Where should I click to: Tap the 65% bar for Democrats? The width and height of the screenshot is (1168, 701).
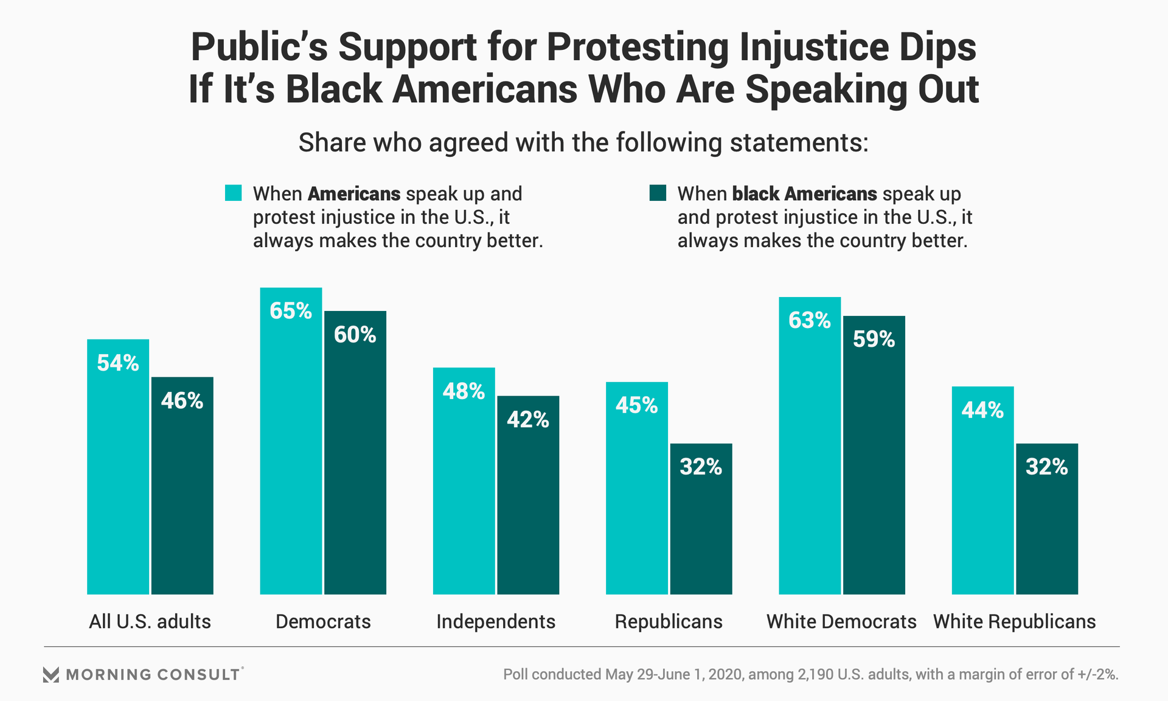point(291,441)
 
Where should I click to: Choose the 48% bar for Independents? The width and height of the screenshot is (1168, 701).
point(464,481)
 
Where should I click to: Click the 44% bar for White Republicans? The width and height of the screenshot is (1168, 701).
point(982,490)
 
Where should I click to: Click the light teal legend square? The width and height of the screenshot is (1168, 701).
point(234,193)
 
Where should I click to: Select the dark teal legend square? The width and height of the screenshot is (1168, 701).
point(658,193)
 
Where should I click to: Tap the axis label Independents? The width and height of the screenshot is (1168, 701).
point(496,621)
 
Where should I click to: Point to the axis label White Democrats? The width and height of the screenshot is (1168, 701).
point(841,621)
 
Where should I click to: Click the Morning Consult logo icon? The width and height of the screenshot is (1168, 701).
point(51,674)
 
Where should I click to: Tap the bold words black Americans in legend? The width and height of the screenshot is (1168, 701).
point(804,194)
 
